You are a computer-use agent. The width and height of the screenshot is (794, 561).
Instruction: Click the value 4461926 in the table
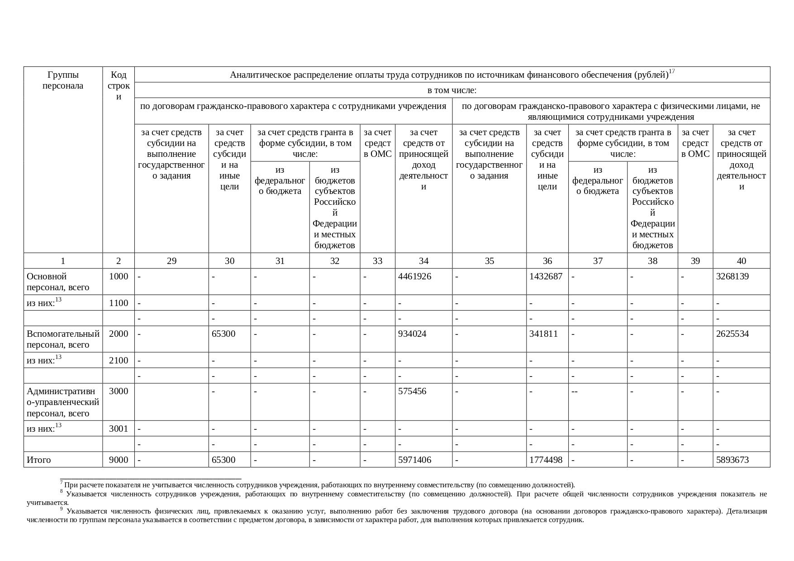point(414,276)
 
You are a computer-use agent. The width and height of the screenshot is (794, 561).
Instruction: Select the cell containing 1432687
point(546,276)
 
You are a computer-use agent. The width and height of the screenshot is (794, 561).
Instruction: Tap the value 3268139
point(732,276)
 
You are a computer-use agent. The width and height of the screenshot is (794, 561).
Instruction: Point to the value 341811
point(543,334)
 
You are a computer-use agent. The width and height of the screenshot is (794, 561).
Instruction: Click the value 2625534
point(732,334)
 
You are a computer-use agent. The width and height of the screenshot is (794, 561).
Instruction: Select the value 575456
point(412,391)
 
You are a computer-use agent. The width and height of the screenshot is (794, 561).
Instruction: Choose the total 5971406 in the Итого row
point(414,460)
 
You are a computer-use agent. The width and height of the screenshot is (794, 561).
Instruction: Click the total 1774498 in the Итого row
point(546,460)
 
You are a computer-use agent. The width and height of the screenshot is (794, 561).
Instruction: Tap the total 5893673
point(732,460)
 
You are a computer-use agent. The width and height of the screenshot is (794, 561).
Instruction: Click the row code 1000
point(119,276)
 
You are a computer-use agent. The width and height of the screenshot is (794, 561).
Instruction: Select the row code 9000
point(119,460)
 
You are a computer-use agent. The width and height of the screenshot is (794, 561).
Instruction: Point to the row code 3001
point(119,429)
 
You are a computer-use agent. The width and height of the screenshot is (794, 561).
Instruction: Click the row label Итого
point(39,460)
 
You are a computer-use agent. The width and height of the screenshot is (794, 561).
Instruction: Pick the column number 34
point(423,261)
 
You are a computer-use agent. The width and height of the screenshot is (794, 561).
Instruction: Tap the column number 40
point(741,261)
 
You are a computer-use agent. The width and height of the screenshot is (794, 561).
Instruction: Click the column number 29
point(171,261)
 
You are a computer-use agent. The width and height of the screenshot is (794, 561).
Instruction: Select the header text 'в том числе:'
point(452,90)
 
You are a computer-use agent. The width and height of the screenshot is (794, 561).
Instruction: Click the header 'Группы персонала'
point(63,80)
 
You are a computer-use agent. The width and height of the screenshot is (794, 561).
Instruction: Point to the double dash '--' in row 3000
point(575,391)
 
